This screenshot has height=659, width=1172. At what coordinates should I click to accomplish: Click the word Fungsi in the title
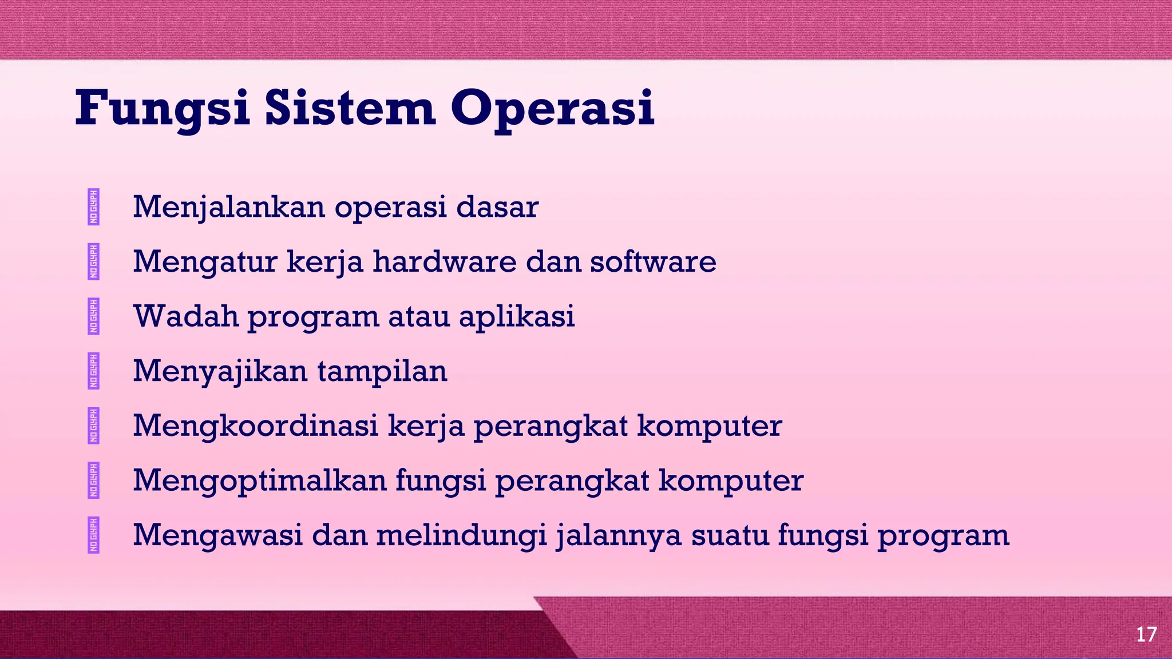tap(163, 109)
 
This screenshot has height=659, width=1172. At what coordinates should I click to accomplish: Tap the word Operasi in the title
tap(552, 109)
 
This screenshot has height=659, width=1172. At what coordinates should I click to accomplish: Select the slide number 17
tap(1146, 634)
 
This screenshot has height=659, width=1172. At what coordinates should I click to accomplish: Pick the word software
tap(652, 262)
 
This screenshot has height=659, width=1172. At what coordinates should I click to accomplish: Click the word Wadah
tap(185, 316)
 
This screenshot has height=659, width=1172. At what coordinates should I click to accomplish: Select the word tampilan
tap(382, 371)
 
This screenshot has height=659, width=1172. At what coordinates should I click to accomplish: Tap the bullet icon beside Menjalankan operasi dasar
tap(94, 207)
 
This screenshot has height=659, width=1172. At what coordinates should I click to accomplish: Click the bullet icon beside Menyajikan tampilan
tap(94, 371)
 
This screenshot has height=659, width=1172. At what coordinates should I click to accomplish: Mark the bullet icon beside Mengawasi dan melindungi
tap(94, 535)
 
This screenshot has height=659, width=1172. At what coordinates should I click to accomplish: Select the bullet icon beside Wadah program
tap(94, 316)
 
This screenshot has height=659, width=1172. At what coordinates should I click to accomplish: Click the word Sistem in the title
tap(350, 109)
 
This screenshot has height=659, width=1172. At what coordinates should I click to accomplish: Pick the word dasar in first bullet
tap(497, 207)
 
